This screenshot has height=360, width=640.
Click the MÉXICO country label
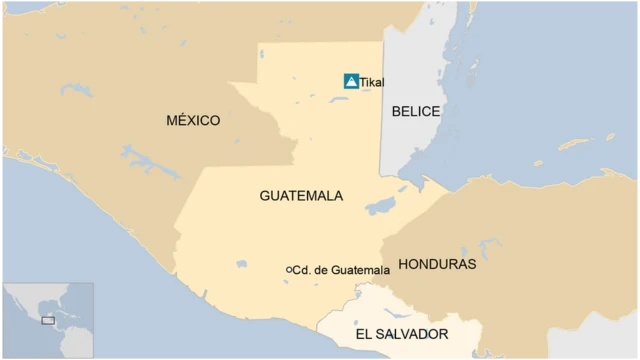click(x=193, y=121)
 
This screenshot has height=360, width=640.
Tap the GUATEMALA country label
click(x=301, y=196)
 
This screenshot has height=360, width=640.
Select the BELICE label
click(x=416, y=111)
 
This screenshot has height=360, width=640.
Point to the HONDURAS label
click(x=437, y=265)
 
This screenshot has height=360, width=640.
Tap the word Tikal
click(x=373, y=83)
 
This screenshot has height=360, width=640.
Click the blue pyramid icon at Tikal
click(x=351, y=81)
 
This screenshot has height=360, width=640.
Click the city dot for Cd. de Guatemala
click(x=289, y=270)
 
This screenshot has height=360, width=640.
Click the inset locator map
click(x=48, y=320)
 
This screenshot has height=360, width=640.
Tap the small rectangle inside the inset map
click(x=47, y=321)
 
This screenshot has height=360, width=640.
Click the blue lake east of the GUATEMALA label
click(x=380, y=207)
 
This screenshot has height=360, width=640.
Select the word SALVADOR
click(x=413, y=334)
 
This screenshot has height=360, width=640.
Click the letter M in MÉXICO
click(x=171, y=121)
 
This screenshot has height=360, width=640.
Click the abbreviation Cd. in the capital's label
click(x=303, y=270)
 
